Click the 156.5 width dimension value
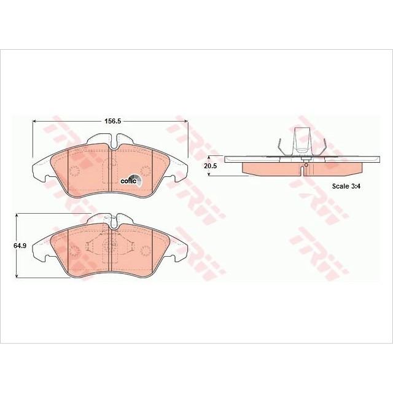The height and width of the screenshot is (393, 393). point(111,122)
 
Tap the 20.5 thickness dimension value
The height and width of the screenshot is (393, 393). point(211,166)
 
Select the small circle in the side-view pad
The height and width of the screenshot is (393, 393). point(304,163)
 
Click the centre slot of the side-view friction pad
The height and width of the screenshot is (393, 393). point(304,169)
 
